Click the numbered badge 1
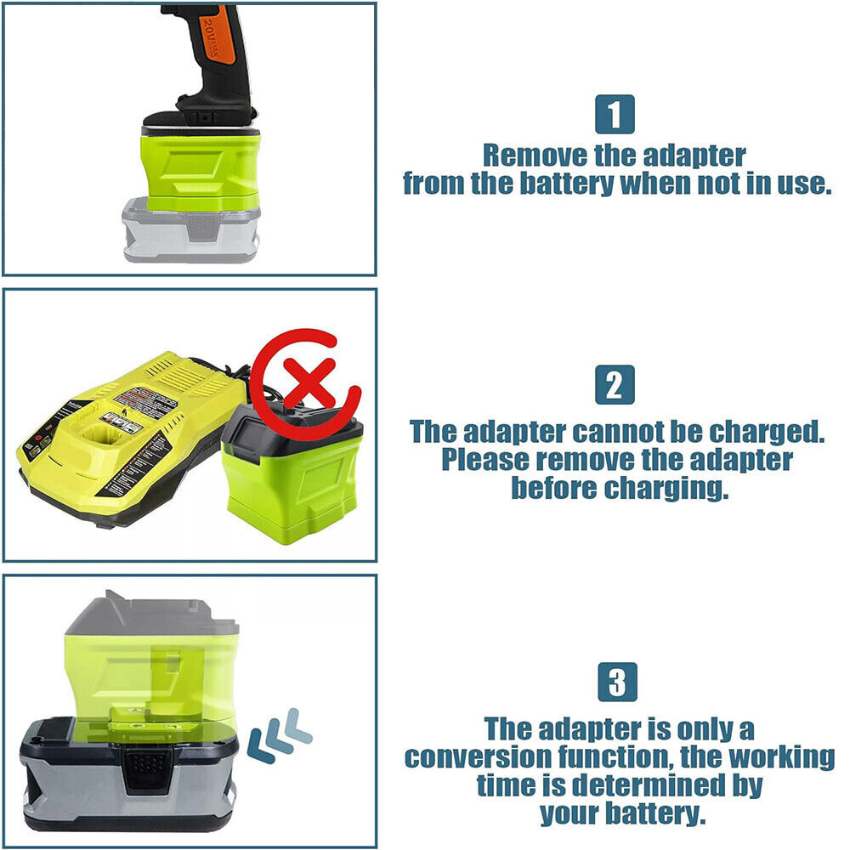(x=615, y=115)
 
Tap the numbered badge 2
(x=615, y=385)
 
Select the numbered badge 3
(x=617, y=682)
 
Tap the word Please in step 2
(x=485, y=460)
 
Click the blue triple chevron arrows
(x=279, y=734)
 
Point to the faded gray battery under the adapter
(x=190, y=230)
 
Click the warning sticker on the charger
(x=146, y=401)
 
